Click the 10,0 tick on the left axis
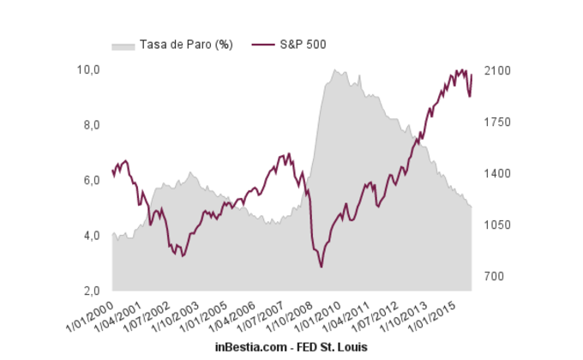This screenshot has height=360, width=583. pyautogui.click(x=91, y=69)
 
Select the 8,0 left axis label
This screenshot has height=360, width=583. pyautogui.click(x=91, y=125)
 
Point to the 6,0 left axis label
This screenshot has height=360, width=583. pyautogui.click(x=91, y=181)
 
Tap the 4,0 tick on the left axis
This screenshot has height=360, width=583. pyautogui.click(x=91, y=236)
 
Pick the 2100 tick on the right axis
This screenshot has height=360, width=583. pyautogui.click(x=498, y=71)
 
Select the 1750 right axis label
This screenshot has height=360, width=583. pyautogui.click(x=498, y=123)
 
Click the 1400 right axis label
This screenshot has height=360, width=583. pyautogui.click(x=498, y=174)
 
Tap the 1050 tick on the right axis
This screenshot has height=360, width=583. pyautogui.click(x=498, y=225)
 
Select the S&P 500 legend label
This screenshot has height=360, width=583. pyautogui.click(x=303, y=44)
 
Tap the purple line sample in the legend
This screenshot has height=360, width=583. pyautogui.click(x=261, y=44)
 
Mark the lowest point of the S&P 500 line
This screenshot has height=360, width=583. pyautogui.click(x=322, y=267)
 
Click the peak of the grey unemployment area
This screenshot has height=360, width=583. pyautogui.click(x=334, y=70)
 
